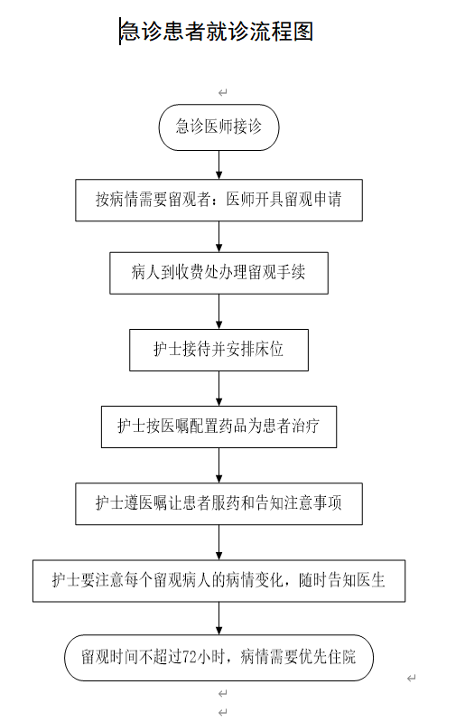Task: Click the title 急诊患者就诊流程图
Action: (217, 32)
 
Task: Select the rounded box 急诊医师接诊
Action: (219, 127)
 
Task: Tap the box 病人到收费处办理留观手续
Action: (219, 273)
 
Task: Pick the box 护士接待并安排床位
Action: (219, 350)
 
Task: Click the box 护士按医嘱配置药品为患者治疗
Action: (219, 427)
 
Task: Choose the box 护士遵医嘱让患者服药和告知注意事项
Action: (219, 503)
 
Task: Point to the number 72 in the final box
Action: (190, 657)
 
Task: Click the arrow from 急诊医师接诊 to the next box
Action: (219, 164)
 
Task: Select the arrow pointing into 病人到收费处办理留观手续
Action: (219, 237)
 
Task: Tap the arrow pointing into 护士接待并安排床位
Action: (219, 312)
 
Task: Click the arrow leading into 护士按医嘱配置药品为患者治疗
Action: (219, 389)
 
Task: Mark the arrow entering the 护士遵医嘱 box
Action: (219, 465)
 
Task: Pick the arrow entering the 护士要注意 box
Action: (219, 542)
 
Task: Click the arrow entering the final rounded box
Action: (219, 618)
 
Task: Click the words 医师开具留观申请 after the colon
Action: (284, 200)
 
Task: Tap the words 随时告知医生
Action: (341, 580)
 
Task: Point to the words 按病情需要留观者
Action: (153, 200)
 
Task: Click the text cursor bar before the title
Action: (120, 32)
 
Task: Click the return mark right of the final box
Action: (412, 678)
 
